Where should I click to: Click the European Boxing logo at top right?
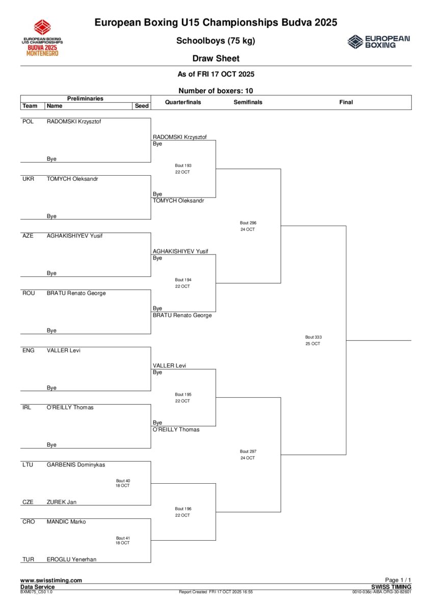pos(379,42)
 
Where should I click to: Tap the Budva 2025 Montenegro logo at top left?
pos(42,38)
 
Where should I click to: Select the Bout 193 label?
pos(183,165)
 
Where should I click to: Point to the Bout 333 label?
pos(313,337)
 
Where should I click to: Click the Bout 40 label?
pos(123,481)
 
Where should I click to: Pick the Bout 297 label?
pos(248,451)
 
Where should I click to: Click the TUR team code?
pos(28,559)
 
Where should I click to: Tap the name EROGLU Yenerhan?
pos(71,559)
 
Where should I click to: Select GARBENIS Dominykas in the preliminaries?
pos(76,464)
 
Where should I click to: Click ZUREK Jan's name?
pos(62,502)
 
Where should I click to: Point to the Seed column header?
pos(142,106)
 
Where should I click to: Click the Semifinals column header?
pos(248,102)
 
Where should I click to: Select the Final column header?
pos(346,102)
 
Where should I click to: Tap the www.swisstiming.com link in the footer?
pos(51,580)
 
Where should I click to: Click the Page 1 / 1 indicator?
pos(398,580)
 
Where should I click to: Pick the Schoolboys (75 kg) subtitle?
pos(215,41)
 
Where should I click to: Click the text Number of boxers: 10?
pos(215,91)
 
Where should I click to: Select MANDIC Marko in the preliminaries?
pos(66,522)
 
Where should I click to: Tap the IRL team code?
pos(27,407)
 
